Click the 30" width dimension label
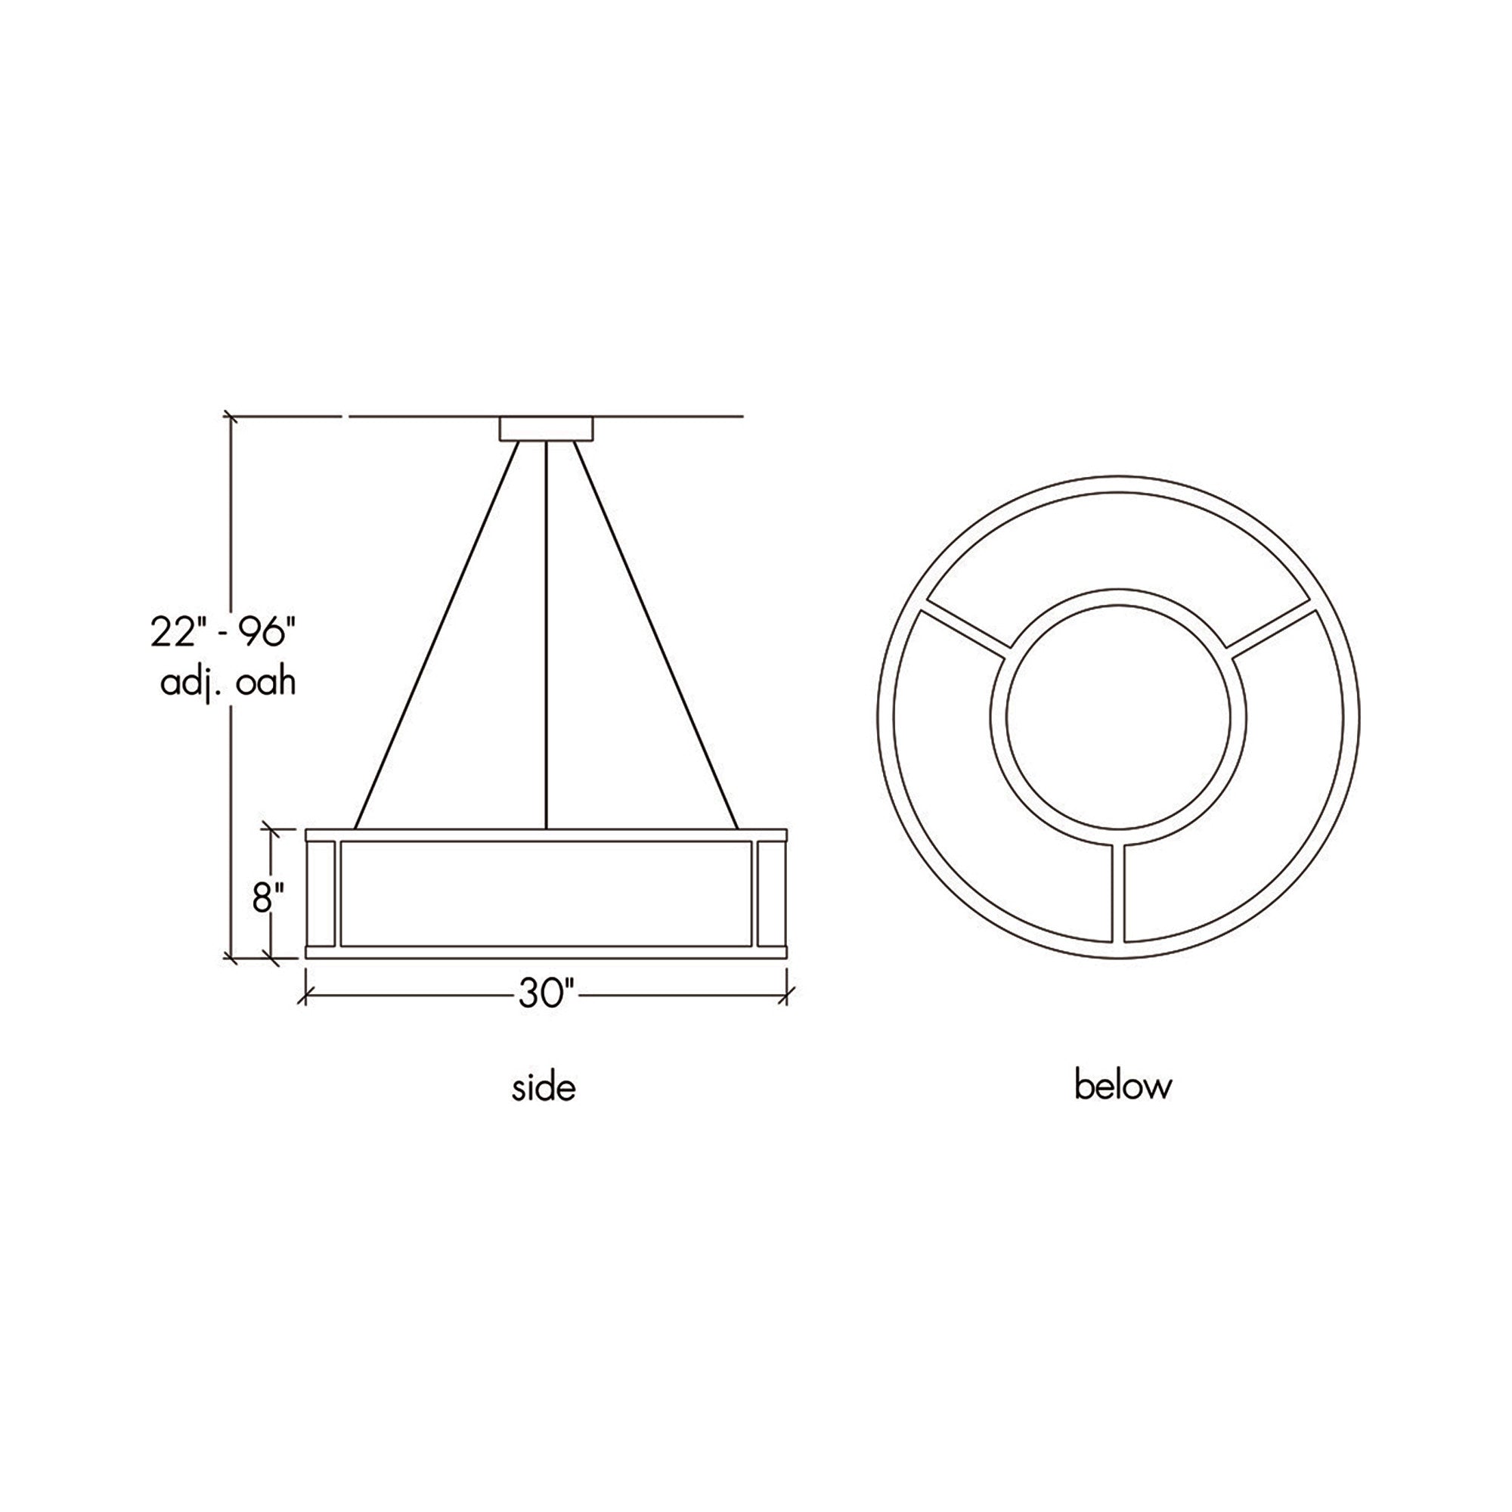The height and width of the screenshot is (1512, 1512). pyautogui.click(x=547, y=995)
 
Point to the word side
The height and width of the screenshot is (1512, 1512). pyautogui.click(x=544, y=1089)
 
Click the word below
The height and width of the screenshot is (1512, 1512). pyautogui.click(x=1123, y=1086)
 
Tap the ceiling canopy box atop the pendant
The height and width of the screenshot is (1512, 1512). pyautogui.click(x=547, y=429)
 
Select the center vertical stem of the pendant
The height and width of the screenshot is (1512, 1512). pyautogui.click(x=547, y=635)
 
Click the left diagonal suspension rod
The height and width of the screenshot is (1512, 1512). pyautogui.click(x=437, y=635)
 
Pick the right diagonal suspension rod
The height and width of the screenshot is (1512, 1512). pyautogui.click(x=658, y=635)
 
